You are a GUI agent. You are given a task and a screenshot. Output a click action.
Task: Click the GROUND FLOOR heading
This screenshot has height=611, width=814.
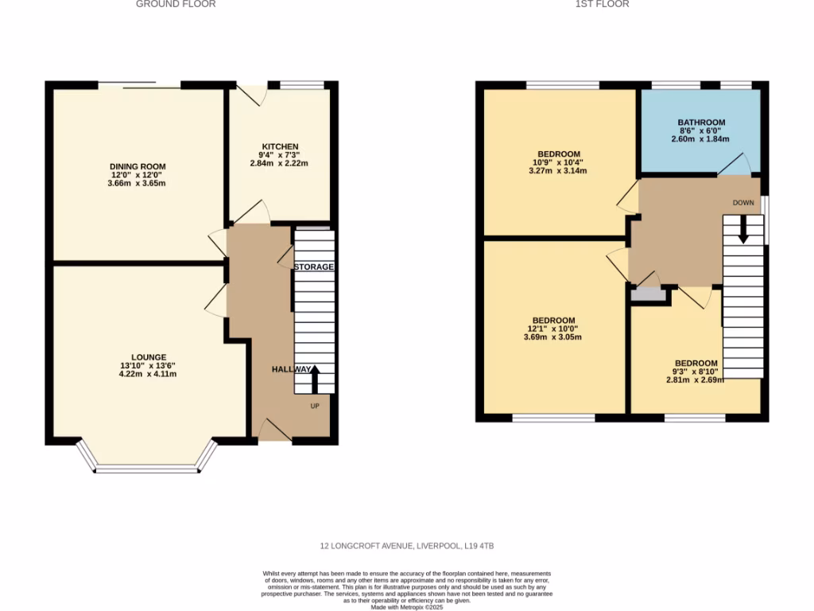point(176,4)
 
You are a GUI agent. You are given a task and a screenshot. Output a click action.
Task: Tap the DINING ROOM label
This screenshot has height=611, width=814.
point(138,166)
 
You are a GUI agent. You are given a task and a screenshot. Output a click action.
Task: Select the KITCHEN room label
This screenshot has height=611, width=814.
point(280,146)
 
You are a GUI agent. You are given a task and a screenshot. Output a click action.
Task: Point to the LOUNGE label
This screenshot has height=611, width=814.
point(149,357)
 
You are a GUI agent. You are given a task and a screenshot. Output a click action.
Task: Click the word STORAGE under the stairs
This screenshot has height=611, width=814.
point(314,267)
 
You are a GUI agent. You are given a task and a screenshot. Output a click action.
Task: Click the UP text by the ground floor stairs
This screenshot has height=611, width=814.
point(315,406)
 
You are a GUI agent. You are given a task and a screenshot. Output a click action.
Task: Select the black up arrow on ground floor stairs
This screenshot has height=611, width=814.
point(314,379)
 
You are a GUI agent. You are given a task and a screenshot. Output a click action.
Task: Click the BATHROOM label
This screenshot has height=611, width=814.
point(701,123)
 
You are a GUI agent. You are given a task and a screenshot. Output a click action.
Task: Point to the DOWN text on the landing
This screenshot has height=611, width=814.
point(743,203)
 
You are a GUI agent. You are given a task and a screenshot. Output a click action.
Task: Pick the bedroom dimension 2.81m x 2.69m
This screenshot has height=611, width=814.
point(696,379)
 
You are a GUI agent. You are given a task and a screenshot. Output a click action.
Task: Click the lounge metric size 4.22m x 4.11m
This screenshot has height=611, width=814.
point(148,374)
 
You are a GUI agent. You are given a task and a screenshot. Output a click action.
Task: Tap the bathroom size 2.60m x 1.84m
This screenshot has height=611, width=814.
point(701,139)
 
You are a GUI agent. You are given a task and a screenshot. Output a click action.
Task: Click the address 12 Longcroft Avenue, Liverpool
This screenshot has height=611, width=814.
point(407,546)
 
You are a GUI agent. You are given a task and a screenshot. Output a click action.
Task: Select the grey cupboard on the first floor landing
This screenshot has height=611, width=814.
point(648,294)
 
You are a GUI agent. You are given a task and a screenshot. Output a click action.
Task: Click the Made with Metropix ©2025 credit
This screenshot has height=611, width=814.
point(407,607)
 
